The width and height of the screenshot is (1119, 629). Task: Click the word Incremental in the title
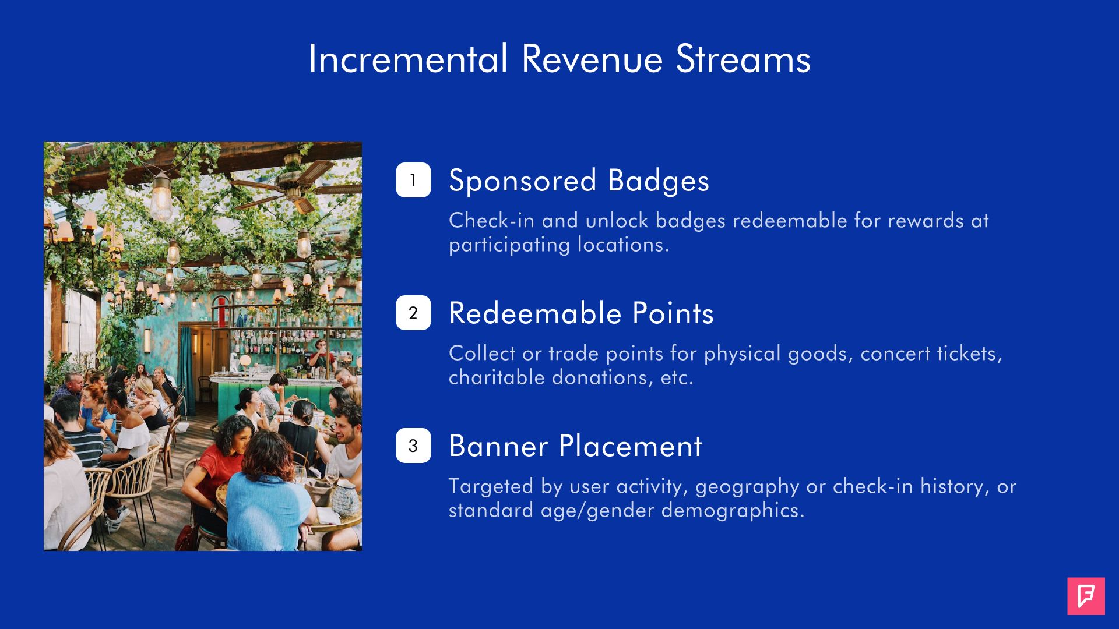(x=408, y=59)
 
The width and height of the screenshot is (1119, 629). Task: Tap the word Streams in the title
(x=743, y=59)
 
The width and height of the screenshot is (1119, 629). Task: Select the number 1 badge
(x=413, y=180)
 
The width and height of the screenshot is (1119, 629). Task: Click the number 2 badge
(x=413, y=313)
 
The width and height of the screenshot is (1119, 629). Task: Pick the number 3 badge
(x=413, y=446)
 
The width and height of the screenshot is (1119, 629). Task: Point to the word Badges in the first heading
(x=659, y=181)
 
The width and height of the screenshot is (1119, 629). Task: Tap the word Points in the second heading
(x=673, y=313)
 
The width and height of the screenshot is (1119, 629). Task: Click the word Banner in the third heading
(x=498, y=446)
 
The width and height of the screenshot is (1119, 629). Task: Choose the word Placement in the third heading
(x=631, y=446)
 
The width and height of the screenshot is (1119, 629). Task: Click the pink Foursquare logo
(x=1086, y=596)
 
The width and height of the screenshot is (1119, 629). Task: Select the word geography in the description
(x=747, y=487)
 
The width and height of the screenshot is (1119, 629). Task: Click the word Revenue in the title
(x=592, y=59)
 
